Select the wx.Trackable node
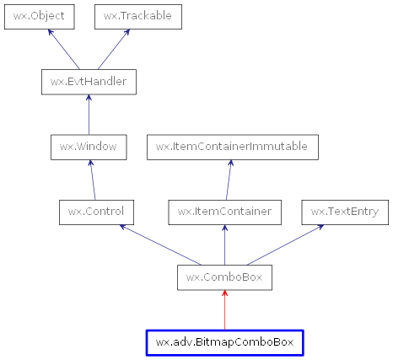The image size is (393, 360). coord(138,16)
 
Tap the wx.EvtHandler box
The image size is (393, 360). coord(89,82)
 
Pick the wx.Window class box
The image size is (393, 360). coord(89,147)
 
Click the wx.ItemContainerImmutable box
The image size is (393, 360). coord(233,147)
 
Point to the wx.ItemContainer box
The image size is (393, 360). coord(224,212)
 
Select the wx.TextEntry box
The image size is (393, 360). coord(345,212)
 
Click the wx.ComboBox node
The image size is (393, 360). coord(224,277)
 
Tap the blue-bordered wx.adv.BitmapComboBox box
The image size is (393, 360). coord(224,342)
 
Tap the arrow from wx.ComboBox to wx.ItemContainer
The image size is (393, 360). coord(224,244)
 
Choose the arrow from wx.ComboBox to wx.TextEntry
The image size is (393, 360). coord(287,244)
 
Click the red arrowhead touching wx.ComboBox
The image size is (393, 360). coord(224,294)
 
